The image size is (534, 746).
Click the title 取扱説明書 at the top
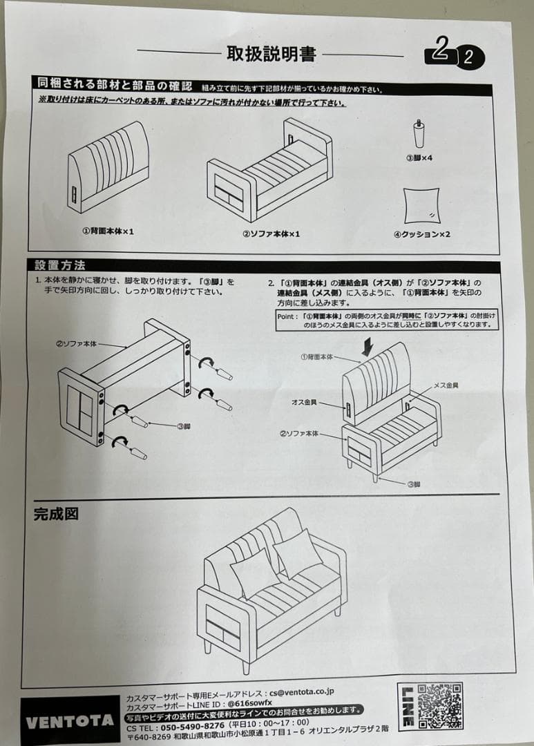point(271,54)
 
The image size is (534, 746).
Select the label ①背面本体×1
point(108,231)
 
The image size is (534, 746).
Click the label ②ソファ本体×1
point(271,233)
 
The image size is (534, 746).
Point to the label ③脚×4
point(419,157)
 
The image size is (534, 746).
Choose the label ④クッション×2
point(421,234)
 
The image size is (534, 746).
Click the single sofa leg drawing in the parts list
point(419,133)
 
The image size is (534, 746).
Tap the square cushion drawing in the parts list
point(421,206)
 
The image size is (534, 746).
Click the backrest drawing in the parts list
point(108,166)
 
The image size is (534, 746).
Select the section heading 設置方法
point(60,265)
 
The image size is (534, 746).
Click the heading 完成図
point(56,514)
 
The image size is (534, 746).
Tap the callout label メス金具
point(446,385)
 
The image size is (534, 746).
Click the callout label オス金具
point(304,402)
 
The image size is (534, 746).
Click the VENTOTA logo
point(70,722)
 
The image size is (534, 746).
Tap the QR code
point(440,706)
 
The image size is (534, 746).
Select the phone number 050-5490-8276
point(192,727)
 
